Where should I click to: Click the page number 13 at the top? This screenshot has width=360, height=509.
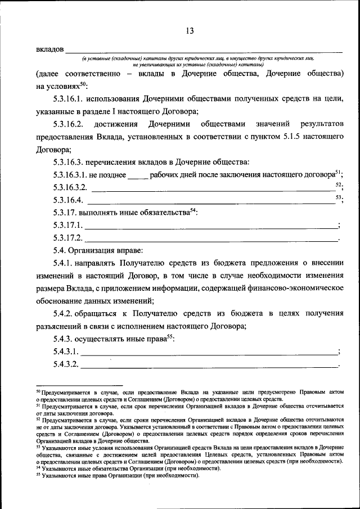pos(189,31)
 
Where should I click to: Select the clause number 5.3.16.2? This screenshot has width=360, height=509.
pos(69,124)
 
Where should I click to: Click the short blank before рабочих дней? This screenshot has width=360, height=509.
pos(138,176)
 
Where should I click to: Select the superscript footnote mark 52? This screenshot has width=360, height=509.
pos(338,184)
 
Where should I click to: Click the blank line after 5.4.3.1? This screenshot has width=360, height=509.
pos(209,353)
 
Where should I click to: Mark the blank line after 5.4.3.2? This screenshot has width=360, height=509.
pos(209,366)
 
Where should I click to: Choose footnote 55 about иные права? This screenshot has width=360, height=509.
pos(118,475)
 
